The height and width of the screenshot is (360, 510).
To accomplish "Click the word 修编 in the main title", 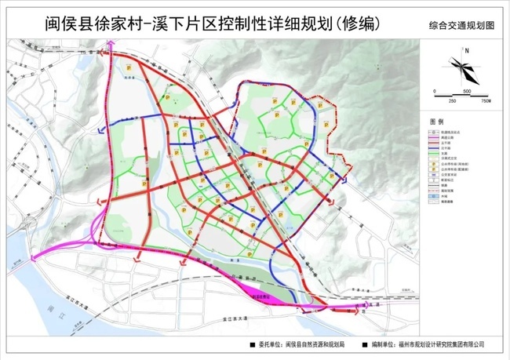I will tap(354, 24).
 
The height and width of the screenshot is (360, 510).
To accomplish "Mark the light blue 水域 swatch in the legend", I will tap(433, 196).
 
